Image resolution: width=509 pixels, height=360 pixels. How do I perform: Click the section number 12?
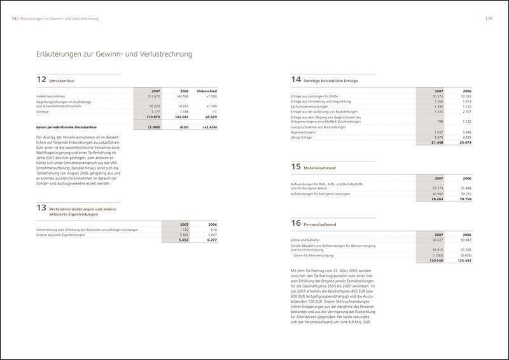coord(42,80)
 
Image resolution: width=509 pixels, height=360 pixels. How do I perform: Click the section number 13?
coord(42,208)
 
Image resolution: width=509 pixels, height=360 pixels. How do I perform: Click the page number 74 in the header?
coord(15,19)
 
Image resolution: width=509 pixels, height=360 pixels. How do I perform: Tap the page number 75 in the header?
coord(490,19)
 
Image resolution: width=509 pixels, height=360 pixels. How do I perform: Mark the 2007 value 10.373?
coord(436,96)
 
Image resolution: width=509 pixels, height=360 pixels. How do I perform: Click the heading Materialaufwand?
coord(324,168)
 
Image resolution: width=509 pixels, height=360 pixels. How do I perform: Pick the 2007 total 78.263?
coord(435,199)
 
